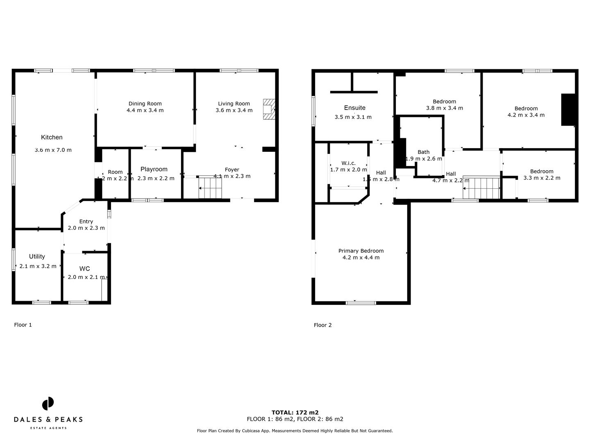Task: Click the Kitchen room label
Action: (x=52, y=137)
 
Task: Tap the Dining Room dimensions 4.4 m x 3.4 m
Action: (x=145, y=110)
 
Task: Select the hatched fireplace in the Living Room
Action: (x=268, y=109)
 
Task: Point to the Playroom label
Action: (x=154, y=169)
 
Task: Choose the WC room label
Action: (x=85, y=269)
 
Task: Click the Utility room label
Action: (x=37, y=256)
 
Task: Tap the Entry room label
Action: (x=86, y=221)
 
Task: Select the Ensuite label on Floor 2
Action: (x=354, y=108)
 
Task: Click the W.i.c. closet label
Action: (x=348, y=163)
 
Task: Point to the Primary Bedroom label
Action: (x=361, y=251)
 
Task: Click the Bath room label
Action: (x=423, y=152)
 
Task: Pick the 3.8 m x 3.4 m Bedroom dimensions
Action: (x=445, y=108)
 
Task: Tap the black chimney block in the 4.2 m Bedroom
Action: (x=568, y=110)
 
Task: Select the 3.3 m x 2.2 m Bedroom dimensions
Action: (x=542, y=178)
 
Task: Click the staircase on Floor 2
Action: (x=482, y=188)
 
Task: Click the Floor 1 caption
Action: (x=23, y=325)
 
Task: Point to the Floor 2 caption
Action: (x=323, y=325)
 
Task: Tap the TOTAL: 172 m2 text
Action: (x=295, y=413)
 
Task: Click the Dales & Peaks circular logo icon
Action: (x=48, y=404)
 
